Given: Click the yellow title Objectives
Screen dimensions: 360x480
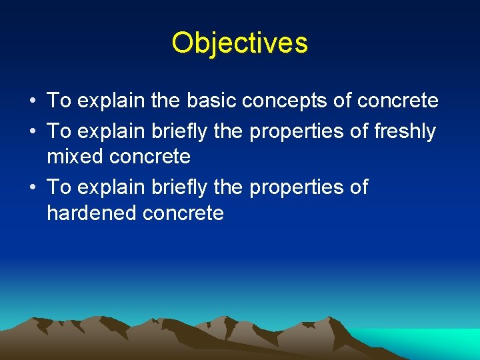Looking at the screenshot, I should [x=239, y=43].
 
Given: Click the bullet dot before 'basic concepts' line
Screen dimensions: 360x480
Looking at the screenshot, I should [x=33, y=101].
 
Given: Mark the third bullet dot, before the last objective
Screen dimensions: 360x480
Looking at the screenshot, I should [x=33, y=188].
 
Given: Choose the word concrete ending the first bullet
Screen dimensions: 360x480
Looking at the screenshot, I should [x=398, y=101].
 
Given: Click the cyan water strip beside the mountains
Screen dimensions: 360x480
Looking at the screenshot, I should [x=440, y=343].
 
